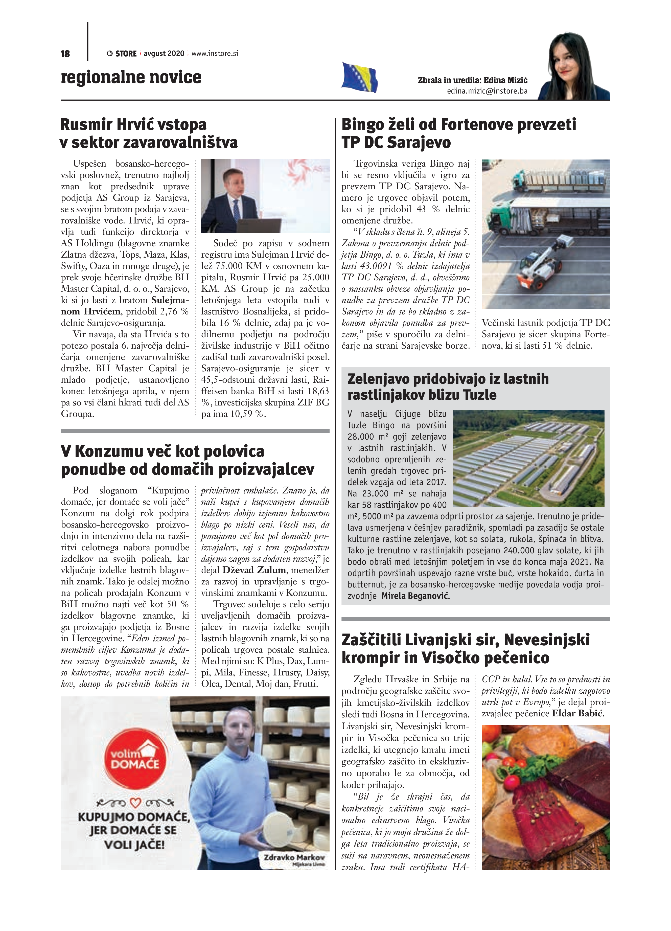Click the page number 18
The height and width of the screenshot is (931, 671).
pyautogui.click(x=65, y=54)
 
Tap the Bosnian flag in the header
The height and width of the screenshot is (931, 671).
pyautogui.click(x=359, y=77)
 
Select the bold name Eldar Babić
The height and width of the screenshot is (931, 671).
pyautogui.click(x=577, y=713)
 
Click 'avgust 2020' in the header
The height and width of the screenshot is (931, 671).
pyautogui.click(x=164, y=53)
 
